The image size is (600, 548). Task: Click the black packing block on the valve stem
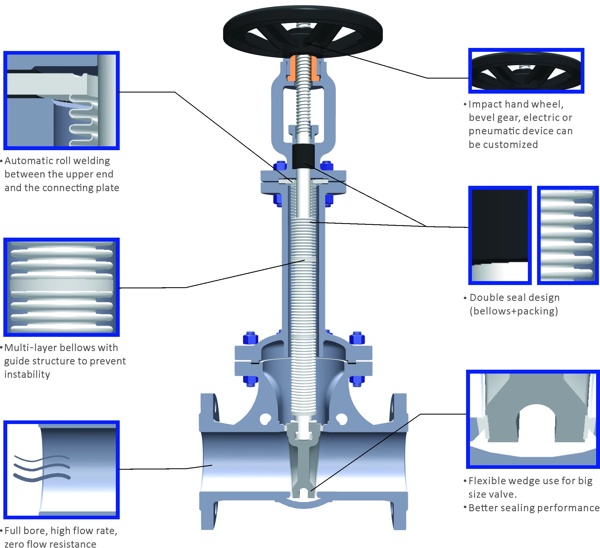coord(303,156)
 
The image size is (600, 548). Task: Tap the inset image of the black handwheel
coord(526,70)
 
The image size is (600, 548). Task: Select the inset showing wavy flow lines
coord(61,470)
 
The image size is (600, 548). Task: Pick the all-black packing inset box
coord(500,235)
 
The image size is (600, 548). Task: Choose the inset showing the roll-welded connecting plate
coord(61,100)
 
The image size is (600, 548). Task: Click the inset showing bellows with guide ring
coord(61,287)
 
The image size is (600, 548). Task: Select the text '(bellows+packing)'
coord(514,311)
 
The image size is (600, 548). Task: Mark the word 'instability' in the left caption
coord(27,374)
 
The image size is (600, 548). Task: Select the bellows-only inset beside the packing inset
coord(567,235)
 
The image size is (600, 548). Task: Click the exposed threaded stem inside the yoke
coord(303,107)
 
